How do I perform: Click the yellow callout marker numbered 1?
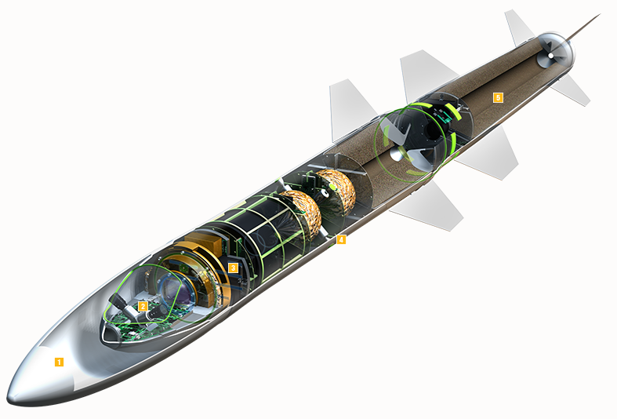click(x=58, y=361)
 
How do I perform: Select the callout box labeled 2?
click(x=142, y=306)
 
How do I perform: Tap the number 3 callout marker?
click(x=233, y=268)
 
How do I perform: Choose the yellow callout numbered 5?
click(x=497, y=97)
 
